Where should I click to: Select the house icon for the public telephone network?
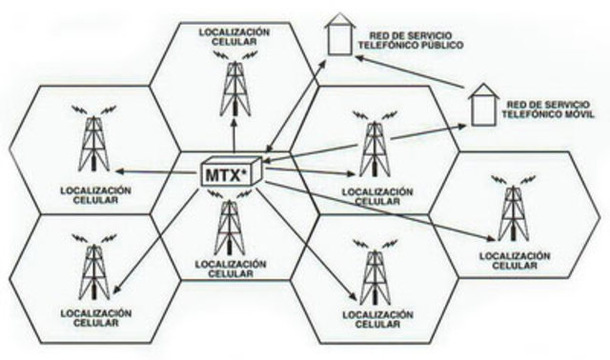pyautogui.click(x=335, y=35)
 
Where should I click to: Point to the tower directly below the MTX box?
pyautogui.click(x=229, y=229)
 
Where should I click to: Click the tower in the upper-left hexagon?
pyautogui.click(x=92, y=139)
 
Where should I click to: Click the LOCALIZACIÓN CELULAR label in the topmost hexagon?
pyautogui.click(x=234, y=37)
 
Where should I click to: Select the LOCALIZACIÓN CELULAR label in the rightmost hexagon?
pyautogui.click(x=516, y=261)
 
